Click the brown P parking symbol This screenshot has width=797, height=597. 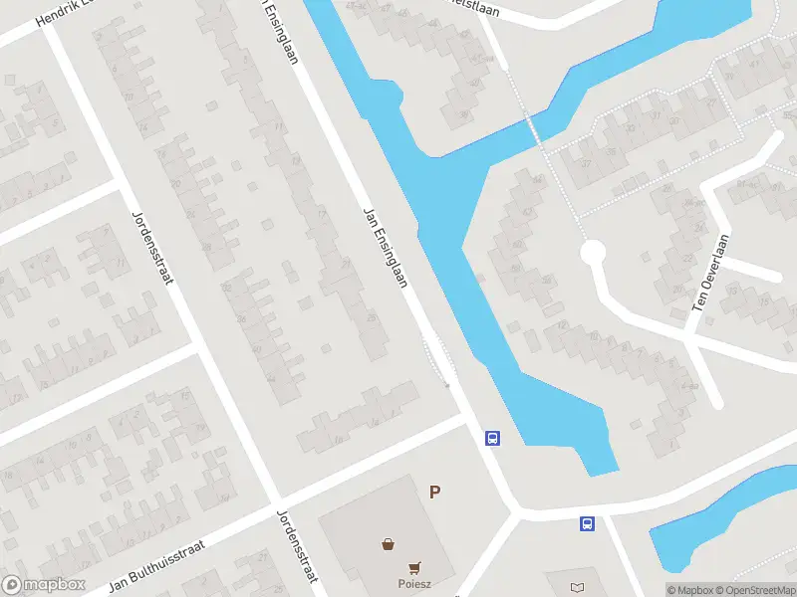pyautogui.click(x=434, y=492)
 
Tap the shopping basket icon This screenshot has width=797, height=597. pyautogui.click(x=387, y=543)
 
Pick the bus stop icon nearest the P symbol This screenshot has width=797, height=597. pyautogui.click(x=491, y=438)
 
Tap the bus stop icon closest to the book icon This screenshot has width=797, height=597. pyautogui.click(x=588, y=522)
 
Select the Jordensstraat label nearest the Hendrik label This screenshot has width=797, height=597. pyautogui.click(x=152, y=246)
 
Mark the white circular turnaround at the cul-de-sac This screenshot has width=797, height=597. pyautogui.click(x=593, y=253)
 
